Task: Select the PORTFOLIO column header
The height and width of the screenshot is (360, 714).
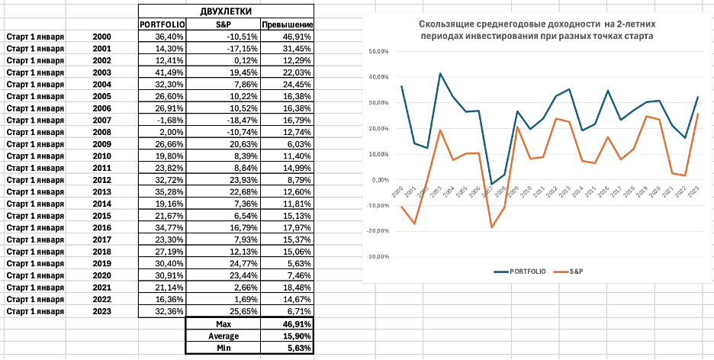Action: [x=162, y=25]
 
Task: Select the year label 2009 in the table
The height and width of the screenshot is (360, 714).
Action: [x=101, y=143]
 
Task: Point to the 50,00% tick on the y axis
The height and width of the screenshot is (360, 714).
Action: [x=378, y=52]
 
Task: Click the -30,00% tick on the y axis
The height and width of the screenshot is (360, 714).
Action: [x=378, y=256]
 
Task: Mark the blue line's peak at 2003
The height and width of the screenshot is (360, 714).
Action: [x=440, y=73]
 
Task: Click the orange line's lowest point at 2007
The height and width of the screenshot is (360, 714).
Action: [x=491, y=227]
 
